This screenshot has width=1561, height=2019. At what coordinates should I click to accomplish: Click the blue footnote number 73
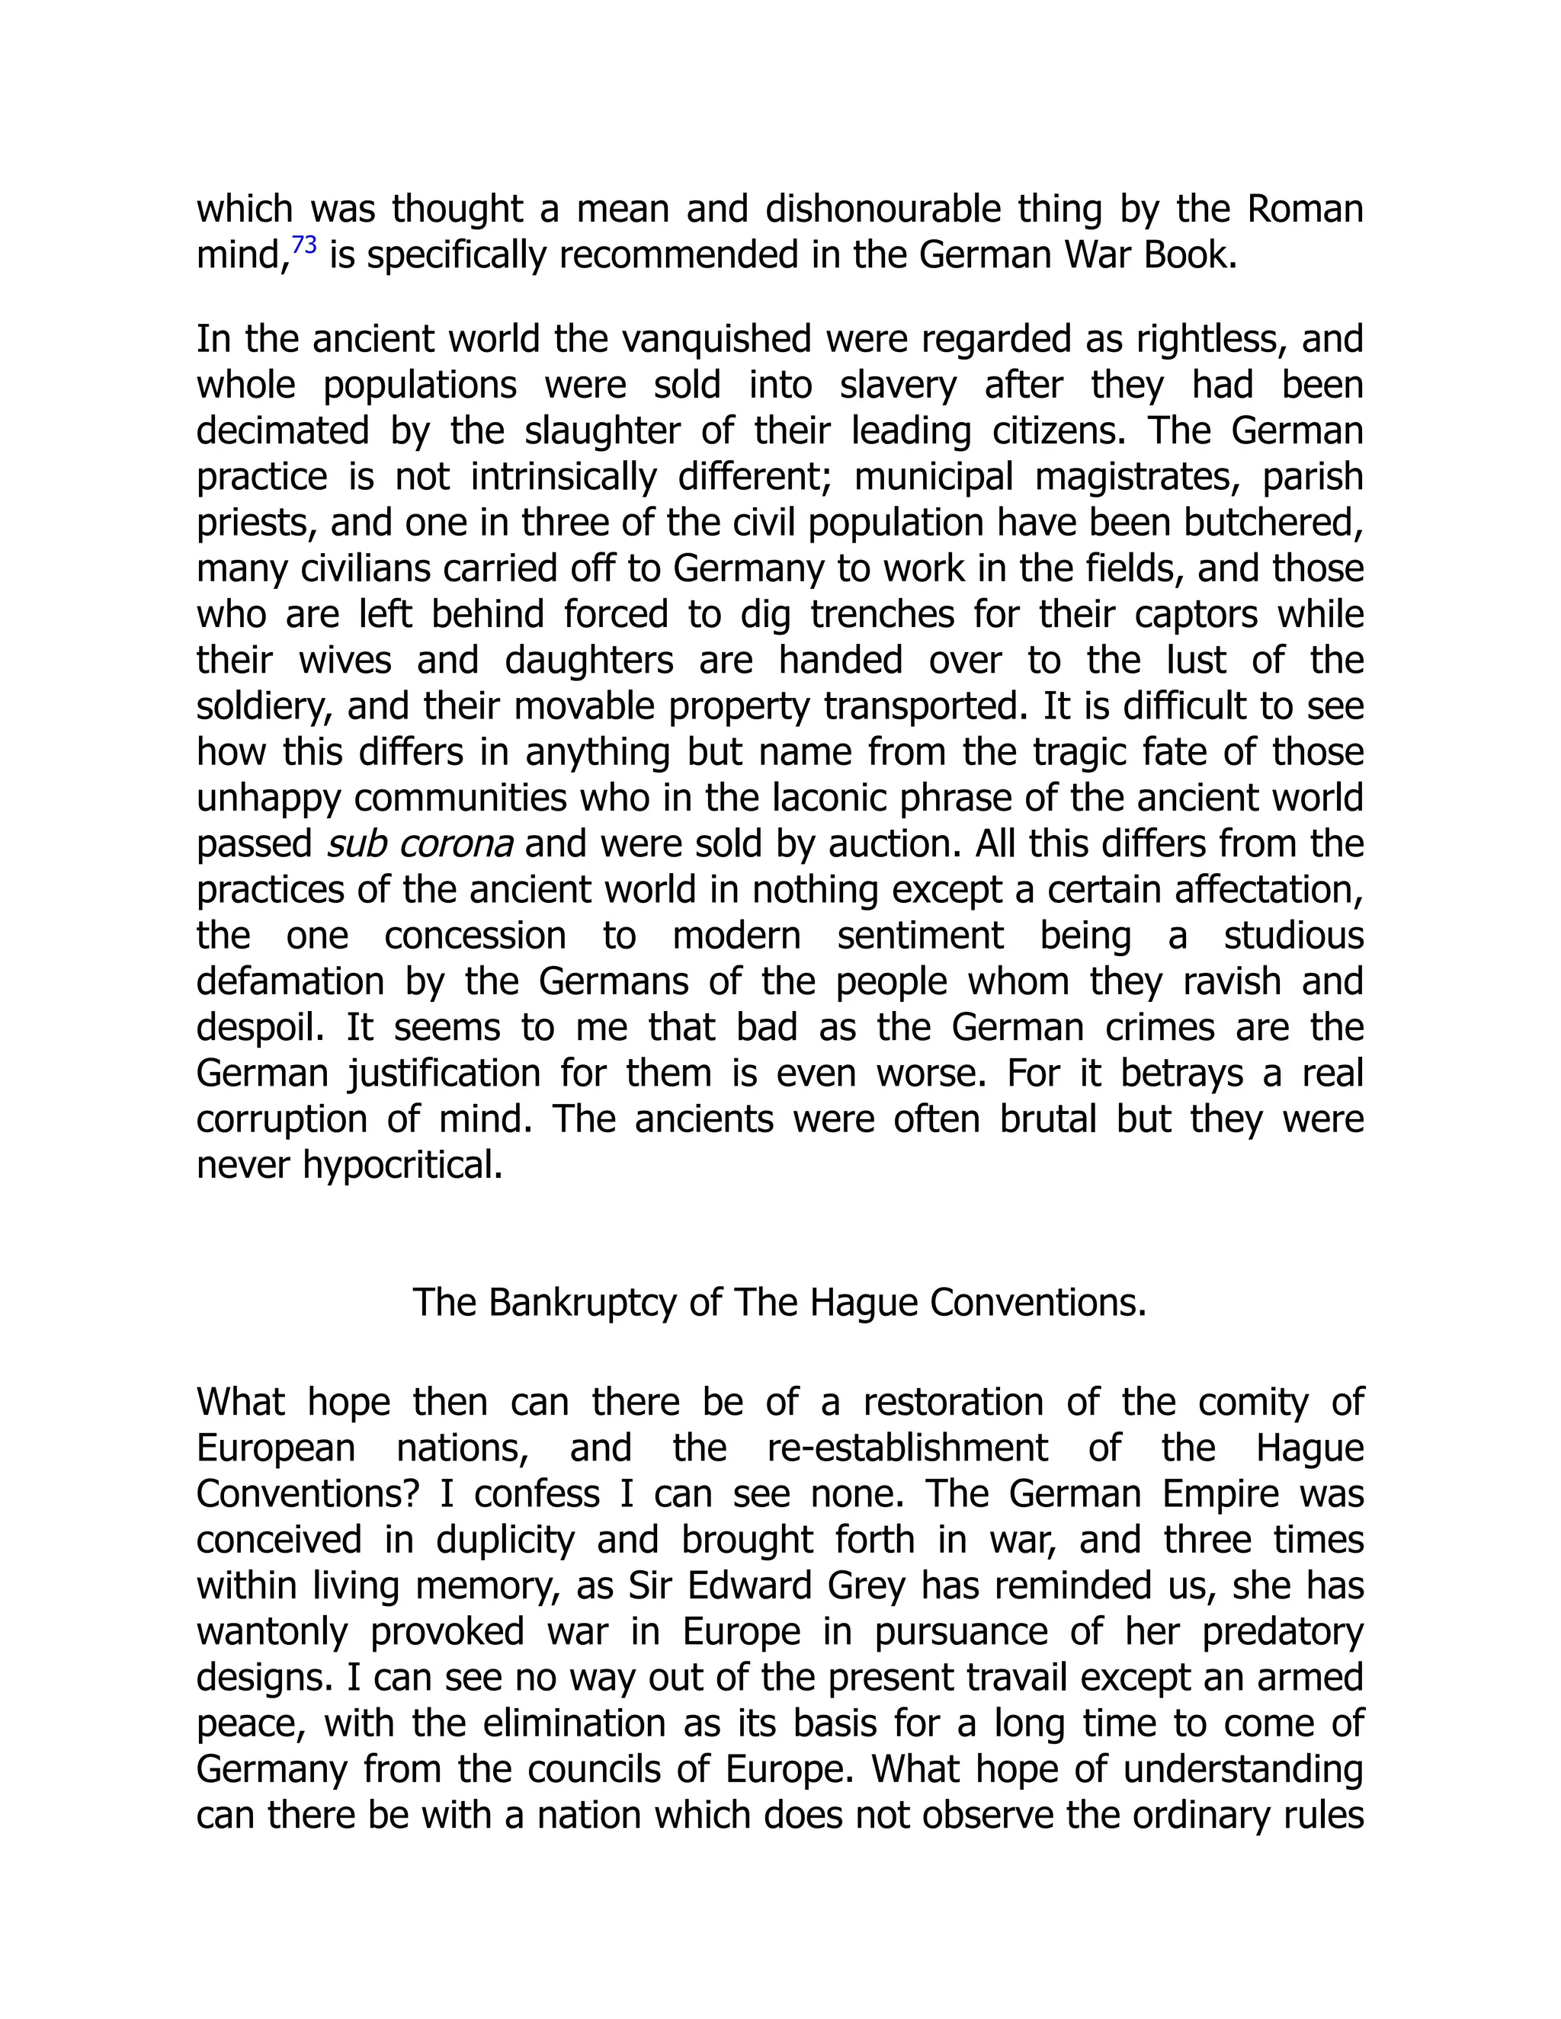304,246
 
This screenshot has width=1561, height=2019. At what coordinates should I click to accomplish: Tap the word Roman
1305,210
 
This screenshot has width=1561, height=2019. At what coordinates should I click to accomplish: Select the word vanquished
715,341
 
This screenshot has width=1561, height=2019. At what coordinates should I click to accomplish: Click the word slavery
898,386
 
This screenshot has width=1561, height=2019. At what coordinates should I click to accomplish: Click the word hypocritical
402,1166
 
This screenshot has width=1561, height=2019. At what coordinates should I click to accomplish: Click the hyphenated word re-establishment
907,1448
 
